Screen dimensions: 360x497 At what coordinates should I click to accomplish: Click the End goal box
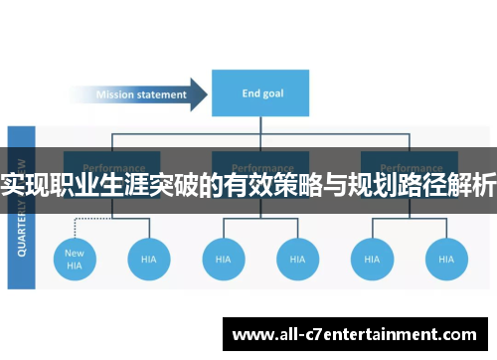[x=259, y=94]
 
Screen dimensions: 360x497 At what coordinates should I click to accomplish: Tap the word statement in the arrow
[x=162, y=95]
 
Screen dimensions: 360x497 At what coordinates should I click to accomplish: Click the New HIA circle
[x=75, y=259]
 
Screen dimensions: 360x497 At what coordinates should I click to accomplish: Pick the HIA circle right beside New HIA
[x=149, y=259]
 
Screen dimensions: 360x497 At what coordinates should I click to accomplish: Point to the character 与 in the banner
[x=345, y=185]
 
